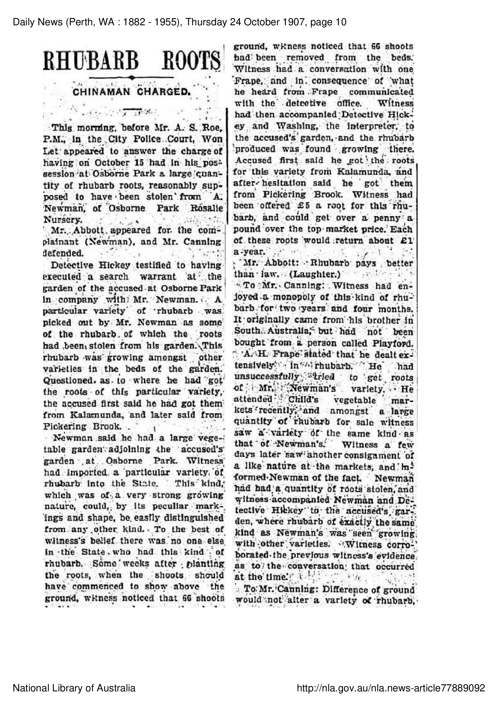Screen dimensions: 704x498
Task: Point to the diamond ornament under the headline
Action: (x=132, y=78)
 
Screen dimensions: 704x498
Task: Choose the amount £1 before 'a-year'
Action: (x=407, y=240)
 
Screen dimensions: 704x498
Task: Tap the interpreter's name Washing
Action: (x=292, y=126)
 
